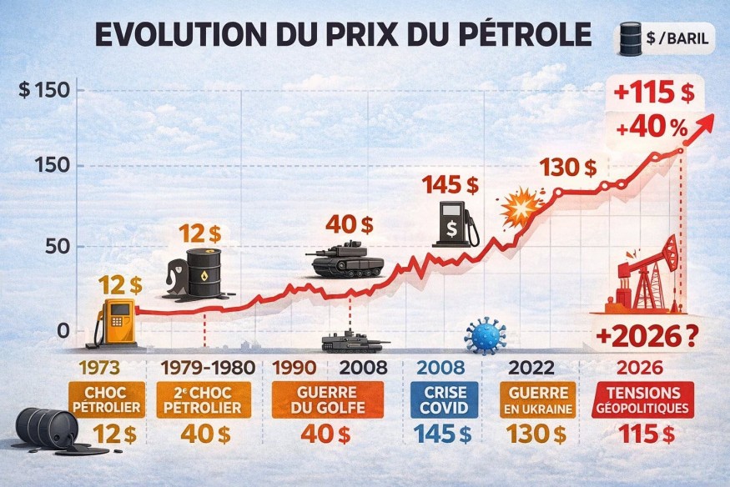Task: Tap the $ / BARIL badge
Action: tap(663, 38)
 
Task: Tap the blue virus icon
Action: tap(485, 335)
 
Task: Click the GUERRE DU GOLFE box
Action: tap(327, 399)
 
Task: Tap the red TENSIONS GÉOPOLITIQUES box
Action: tap(642, 399)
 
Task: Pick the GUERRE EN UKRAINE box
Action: tap(536, 399)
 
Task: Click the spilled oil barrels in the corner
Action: tap(52, 430)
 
